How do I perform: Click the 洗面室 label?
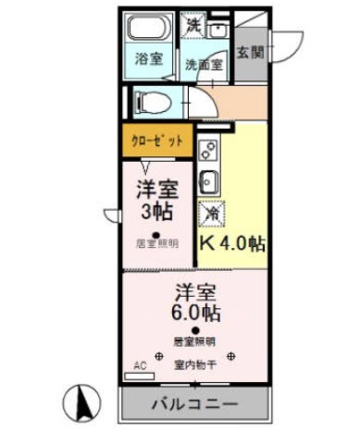(x=203, y=65)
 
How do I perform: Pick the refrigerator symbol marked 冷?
(x=212, y=212)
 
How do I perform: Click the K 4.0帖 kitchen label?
(x=232, y=244)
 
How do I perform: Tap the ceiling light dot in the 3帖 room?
(x=156, y=233)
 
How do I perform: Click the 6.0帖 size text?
(x=195, y=312)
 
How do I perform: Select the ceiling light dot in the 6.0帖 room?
(x=195, y=331)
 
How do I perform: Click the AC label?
(x=140, y=366)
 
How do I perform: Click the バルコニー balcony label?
(x=195, y=405)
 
